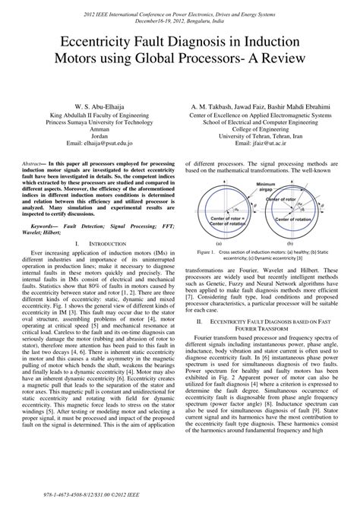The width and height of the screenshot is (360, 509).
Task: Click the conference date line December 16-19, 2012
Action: tap(180, 21)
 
